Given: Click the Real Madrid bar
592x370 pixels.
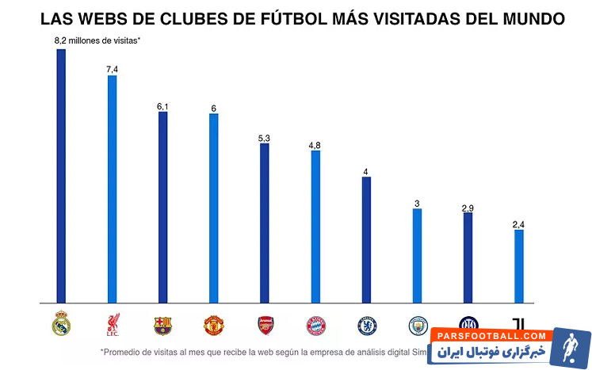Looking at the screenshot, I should [x=61, y=176].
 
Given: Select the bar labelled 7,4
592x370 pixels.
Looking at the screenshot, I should [x=112, y=189].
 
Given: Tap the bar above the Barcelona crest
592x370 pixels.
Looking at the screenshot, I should [x=162, y=208].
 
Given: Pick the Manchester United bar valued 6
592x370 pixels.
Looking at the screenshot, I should [x=213, y=208].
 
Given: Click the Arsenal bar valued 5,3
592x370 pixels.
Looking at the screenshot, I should [x=265, y=223].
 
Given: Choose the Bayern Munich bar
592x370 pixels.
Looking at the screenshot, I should [x=315, y=227].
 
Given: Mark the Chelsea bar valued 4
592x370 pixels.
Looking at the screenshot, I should [x=366, y=240].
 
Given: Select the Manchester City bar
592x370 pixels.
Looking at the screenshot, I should [x=417, y=256].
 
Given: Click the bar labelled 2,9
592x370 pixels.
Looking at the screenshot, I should [x=468, y=257].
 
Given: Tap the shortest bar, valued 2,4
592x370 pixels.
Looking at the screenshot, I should [x=519, y=266].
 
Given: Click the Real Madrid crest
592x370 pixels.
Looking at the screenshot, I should [x=61, y=324].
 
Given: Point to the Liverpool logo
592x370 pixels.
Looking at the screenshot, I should [x=112, y=325].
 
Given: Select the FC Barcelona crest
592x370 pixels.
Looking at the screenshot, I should [x=162, y=325].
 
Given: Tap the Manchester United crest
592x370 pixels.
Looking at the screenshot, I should [x=213, y=325].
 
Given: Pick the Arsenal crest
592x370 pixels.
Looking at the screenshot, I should [x=265, y=325].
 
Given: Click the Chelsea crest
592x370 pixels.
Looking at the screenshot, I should [x=366, y=325].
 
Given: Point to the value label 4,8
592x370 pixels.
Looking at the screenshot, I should [x=315, y=145].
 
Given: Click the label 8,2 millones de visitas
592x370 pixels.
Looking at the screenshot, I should [x=97, y=40].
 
